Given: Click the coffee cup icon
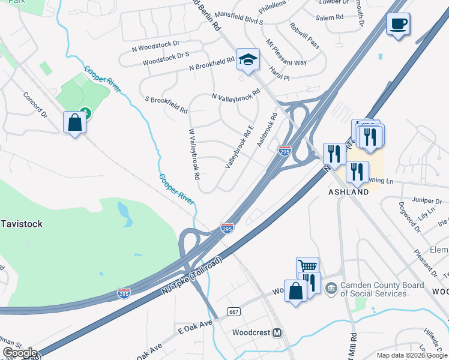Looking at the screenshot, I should pyautogui.click(x=398, y=25).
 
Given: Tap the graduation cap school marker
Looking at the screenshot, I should pyautogui.click(x=248, y=59).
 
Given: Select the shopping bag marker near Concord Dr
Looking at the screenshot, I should pyautogui.click(x=75, y=122).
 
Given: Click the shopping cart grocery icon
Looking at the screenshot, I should pyautogui.click(x=307, y=267).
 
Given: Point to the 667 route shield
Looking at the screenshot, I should pyautogui.click(x=234, y=312).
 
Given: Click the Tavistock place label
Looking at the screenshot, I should pyautogui.click(x=21, y=224).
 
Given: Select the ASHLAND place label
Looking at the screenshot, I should pyautogui.click(x=348, y=193).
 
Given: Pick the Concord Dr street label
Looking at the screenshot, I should pyautogui.click(x=35, y=104).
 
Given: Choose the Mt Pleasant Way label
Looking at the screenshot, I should pyautogui.click(x=286, y=53).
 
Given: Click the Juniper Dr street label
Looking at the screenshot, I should pyautogui.click(x=427, y=201).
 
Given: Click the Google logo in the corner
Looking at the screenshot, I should pyautogui.click(x=19, y=353).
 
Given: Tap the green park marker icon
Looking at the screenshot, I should pyautogui.click(x=86, y=112).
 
